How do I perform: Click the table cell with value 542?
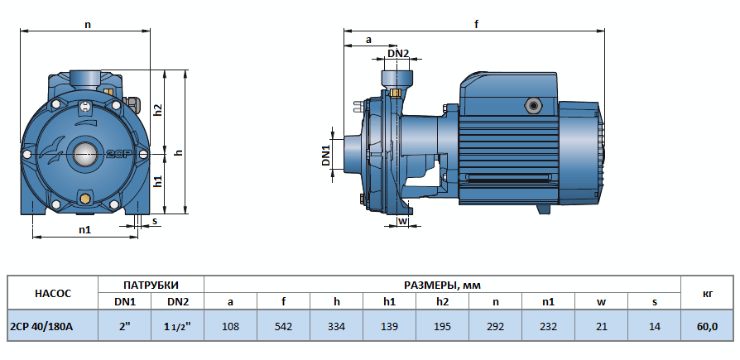(x=284, y=326)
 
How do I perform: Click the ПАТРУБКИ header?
(x=151, y=284)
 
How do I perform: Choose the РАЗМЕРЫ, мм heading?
(x=442, y=284)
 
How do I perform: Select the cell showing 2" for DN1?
(x=125, y=326)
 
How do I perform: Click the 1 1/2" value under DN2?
(x=177, y=326)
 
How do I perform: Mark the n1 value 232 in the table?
(x=548, y=326)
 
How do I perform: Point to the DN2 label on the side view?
(x=398, y=54)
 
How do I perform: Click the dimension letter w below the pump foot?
(x=402, y=221)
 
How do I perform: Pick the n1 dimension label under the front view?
(x=85, y=229)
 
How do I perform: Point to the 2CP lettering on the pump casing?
(x=118, y=154)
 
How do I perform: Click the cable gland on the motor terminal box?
(x=529, y=106)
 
